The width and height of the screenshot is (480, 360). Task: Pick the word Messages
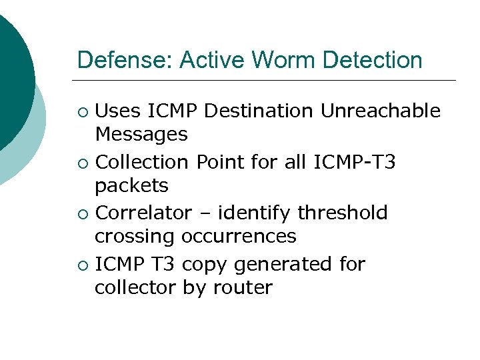(141, 135)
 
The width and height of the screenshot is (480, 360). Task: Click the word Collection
(143, 162)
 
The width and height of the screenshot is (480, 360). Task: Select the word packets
(131, 185)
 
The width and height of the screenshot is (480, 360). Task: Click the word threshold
(343, 213)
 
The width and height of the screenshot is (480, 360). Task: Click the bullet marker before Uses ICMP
(83, 111)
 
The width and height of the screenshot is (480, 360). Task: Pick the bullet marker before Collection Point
(83, 163)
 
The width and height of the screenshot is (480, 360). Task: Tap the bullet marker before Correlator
(83, 214)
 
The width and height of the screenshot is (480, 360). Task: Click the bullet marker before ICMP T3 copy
(83, 265)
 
